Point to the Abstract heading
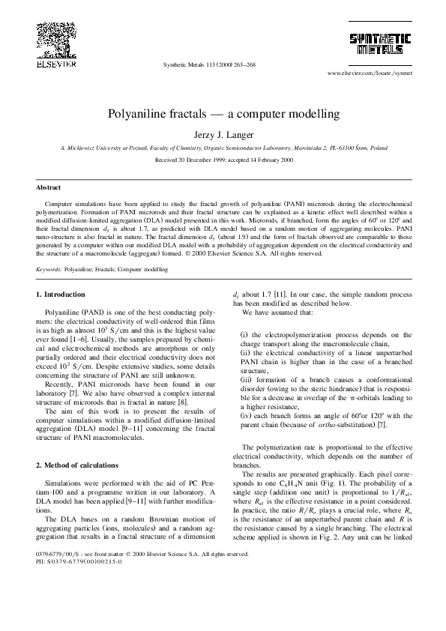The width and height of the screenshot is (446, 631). point(49,187)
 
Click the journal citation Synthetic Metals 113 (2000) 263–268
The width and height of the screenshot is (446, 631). point(209,65)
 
